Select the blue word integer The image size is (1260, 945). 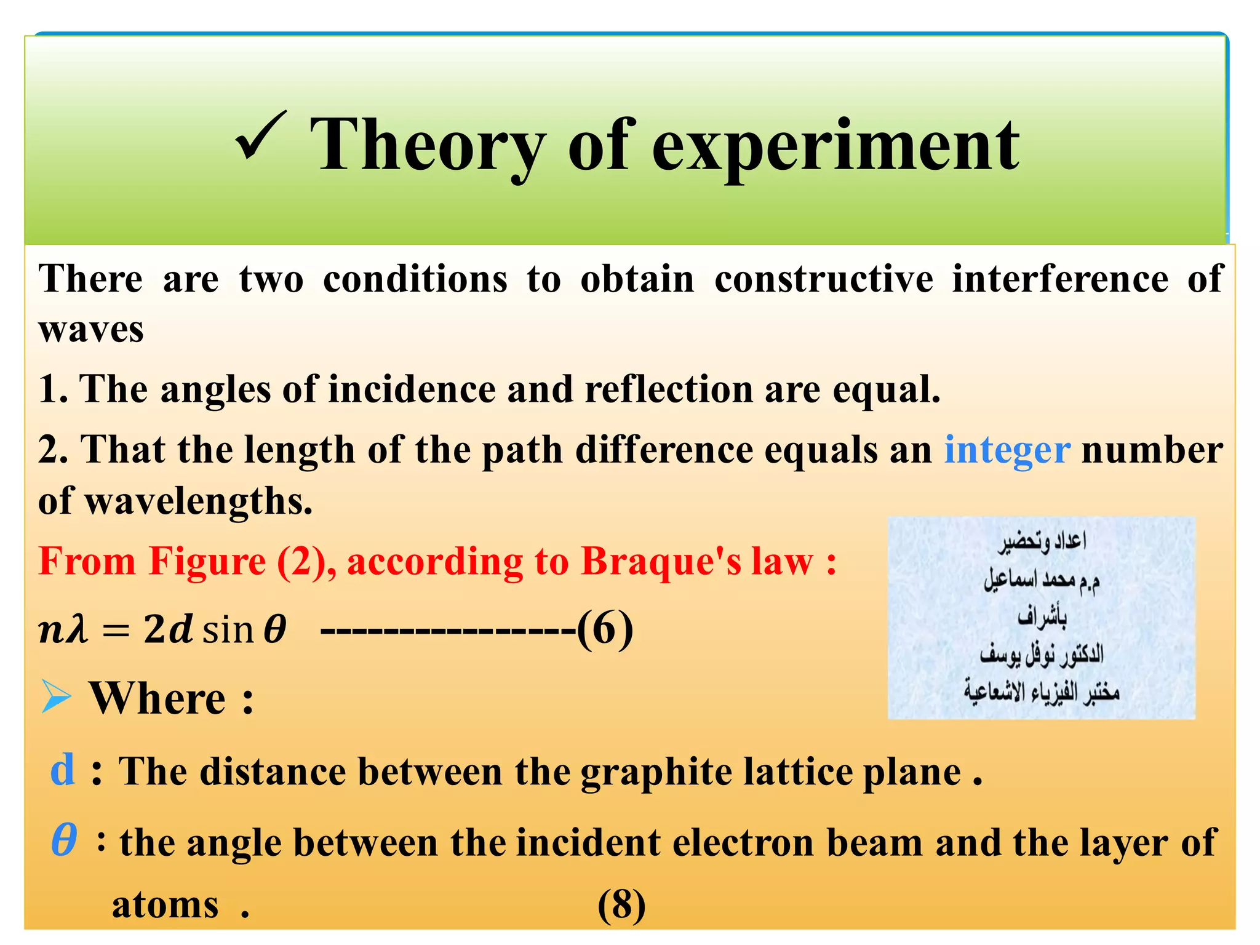(x=1007, y=450)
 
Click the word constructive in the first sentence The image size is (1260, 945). (x=823, y=279)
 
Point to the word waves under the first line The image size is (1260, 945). (x=91, y=330)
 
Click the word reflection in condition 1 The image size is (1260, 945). (x=668, y=390)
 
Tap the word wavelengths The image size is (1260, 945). (x=198, y=501)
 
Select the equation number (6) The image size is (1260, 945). (x=604, y=629)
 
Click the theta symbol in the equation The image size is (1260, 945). (x=274, y=630)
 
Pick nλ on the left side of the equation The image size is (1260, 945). (x=63, y=630)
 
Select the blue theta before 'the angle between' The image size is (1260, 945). (x=64, y=840)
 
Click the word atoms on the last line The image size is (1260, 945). (x=165, y=905)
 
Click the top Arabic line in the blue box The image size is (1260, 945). (x=1042, y=541)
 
